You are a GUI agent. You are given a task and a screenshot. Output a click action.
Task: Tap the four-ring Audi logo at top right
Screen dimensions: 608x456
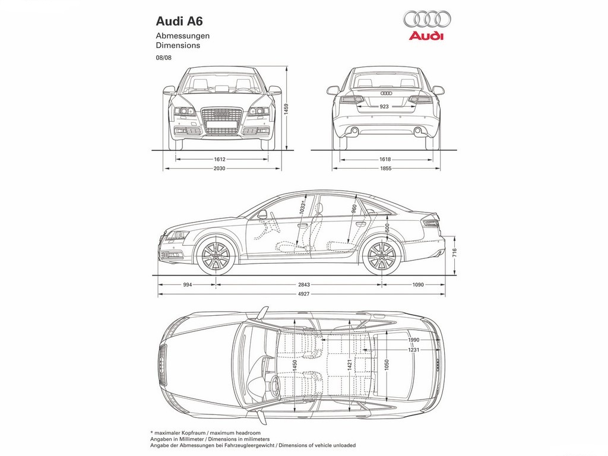point(427,19)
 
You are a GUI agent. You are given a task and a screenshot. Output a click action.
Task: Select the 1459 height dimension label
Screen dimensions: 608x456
point(286,109)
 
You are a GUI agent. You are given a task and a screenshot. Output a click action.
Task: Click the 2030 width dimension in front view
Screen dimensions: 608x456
point(220,168)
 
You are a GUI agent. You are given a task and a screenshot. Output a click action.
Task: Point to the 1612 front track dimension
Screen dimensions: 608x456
point(220,159)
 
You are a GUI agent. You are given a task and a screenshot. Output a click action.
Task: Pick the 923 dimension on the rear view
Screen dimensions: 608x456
point(384,106)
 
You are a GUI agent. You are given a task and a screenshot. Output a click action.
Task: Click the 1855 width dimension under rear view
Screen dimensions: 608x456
point(385,168)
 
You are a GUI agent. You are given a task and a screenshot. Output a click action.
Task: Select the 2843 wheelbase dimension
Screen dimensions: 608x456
point(304,284)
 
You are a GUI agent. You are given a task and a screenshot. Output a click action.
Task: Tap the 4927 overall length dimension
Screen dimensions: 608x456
point(304,294)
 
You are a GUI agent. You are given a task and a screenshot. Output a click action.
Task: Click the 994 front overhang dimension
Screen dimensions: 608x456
point(187,284)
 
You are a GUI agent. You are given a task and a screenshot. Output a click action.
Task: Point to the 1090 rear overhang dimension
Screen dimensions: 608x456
point(418,284)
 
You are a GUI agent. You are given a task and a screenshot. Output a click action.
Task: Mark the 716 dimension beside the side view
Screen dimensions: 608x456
point(454,253)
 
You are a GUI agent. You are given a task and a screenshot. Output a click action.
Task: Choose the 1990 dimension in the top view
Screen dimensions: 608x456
point(413,340)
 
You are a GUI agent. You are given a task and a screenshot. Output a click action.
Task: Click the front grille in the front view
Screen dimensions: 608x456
point(222,121)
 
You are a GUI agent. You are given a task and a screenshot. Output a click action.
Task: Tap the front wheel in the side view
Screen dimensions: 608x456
point(216,256)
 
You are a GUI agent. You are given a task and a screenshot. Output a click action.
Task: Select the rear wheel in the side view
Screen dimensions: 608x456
point(382,256)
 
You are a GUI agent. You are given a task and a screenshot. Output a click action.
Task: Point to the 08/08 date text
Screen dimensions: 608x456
point(164,58)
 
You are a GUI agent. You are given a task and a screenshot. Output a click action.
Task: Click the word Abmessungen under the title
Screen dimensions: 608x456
point(183,36)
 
